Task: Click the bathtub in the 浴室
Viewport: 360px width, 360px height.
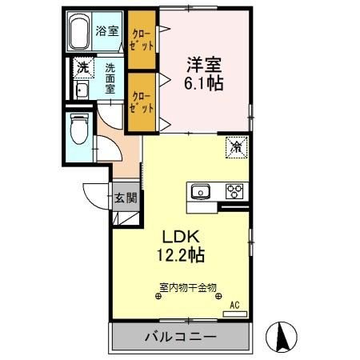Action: (78, 31)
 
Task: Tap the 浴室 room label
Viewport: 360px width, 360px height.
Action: (107, 31)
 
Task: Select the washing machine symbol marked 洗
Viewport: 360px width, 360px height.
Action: (84, 67)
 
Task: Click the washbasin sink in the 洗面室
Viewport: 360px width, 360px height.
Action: (81, 90)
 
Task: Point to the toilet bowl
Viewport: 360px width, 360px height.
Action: (79, 130)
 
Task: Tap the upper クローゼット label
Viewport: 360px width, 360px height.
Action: (142, 41)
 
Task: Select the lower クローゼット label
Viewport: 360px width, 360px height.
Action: (142, 102)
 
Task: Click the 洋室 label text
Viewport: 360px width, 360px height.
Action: (204, 65)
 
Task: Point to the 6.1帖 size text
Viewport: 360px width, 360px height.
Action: (204, 83)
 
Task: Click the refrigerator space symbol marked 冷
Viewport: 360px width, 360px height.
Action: (237, 147)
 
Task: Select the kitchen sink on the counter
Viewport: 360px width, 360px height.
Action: (201, 192)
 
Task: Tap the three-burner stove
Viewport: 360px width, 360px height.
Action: (234, 191)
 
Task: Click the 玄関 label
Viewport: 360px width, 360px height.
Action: (126, 198)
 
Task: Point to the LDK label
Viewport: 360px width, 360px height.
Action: (181, 237)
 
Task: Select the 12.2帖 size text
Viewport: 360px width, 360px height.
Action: (181, 254)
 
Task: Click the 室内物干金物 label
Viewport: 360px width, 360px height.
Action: (188, 287)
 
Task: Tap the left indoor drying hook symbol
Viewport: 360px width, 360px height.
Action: (158, 296)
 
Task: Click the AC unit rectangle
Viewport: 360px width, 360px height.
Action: (235, 314)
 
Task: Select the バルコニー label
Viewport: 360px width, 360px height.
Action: (180, 337)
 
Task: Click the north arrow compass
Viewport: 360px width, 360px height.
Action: (282, 337)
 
